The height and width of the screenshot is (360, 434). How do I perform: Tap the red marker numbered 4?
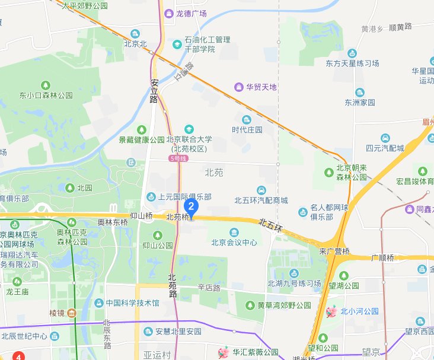[x=20, y=356]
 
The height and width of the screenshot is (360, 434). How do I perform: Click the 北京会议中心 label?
[x=234, y=242]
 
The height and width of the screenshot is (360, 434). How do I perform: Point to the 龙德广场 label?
[x=191, y=13]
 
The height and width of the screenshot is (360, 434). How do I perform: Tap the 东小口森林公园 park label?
[x=45, y=95]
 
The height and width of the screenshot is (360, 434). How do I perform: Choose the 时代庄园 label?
[x=247, y=129]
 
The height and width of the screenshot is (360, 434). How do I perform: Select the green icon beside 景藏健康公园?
[x=141, y=129]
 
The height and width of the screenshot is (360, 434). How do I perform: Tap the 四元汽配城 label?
[x=385, y=148]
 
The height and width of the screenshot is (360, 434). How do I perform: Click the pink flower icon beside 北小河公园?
[x=332, y=311]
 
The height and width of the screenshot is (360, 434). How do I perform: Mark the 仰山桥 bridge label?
[x=142, y=217]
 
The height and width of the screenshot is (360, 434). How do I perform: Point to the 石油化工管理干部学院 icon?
[x=177, y=44]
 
